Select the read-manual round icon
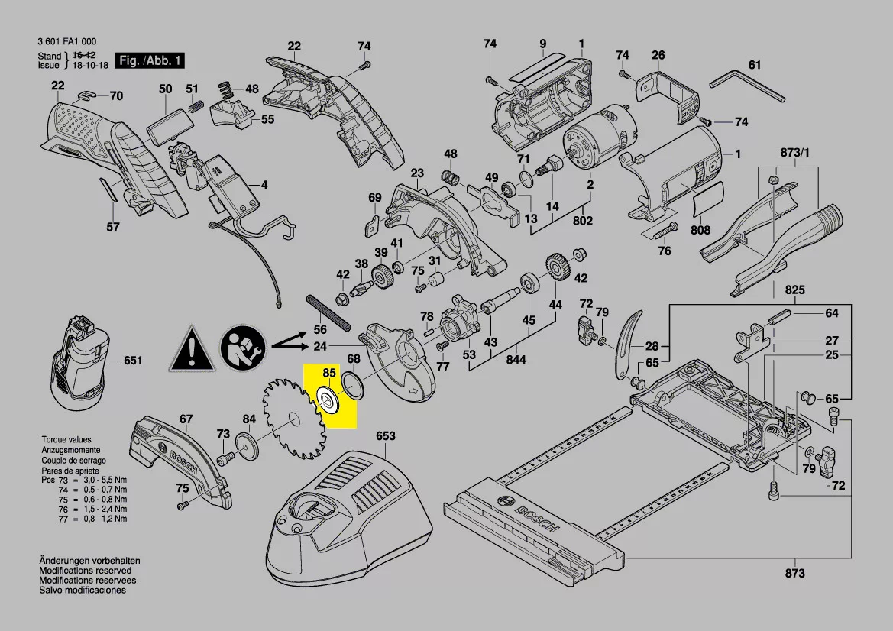244,349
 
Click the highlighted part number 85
329,373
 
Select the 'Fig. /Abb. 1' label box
149,60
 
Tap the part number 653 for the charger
386,436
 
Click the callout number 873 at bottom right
794,573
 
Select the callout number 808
700,229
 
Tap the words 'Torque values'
66,440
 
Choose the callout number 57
113,227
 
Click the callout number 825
795,291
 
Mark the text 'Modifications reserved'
85,571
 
